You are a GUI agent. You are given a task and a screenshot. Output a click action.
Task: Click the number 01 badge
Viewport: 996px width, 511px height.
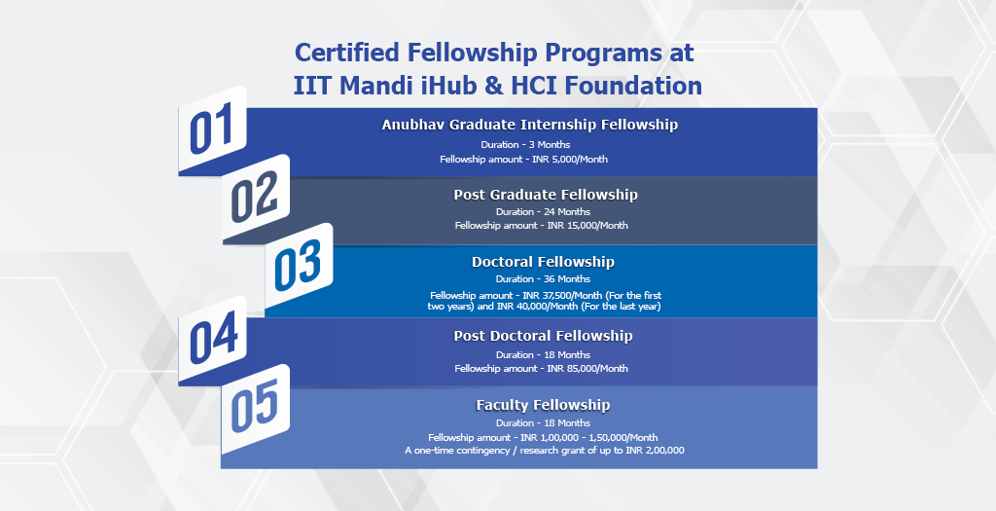pos(212,130)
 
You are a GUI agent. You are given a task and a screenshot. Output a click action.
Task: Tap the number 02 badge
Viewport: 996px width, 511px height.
pos(256,199)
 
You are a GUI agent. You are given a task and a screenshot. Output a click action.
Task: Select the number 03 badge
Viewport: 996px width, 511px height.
pos(299,267)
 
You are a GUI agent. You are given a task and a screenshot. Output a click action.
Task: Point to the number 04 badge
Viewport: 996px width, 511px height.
pos(212,340)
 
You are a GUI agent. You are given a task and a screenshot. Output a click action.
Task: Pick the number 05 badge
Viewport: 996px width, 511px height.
pos(256,409)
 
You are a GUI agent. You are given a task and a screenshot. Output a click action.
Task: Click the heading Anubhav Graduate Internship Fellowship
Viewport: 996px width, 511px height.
pos(530,125)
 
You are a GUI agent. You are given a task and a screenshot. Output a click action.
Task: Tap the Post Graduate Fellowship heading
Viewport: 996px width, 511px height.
pos(545,195)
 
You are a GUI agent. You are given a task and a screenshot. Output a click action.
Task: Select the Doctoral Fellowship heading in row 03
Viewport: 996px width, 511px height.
pos(543,262)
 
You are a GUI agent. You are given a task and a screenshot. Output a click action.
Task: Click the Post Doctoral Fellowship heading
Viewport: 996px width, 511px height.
pos(543,336)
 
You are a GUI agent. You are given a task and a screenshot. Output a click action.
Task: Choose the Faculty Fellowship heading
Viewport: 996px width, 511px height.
pos(543,405)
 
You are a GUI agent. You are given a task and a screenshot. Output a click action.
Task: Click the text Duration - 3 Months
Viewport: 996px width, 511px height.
pos(525,144)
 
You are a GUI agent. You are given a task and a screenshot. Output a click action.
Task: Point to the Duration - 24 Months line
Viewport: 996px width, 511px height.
pos(543,211)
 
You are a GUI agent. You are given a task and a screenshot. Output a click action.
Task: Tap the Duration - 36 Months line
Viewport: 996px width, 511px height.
pos(543,279)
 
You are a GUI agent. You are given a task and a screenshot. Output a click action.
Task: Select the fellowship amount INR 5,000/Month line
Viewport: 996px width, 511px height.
pos(524,159)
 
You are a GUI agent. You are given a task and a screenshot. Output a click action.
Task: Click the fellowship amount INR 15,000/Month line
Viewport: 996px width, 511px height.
pos(541,225)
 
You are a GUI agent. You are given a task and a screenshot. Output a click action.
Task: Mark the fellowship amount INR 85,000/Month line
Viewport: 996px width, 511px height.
pos(541,368)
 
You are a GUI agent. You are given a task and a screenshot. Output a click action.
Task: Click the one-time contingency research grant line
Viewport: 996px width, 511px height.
pos(545,451)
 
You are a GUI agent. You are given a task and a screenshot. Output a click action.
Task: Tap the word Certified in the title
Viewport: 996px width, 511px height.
pos(348,53)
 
